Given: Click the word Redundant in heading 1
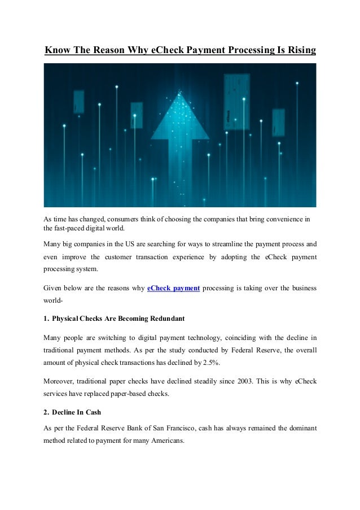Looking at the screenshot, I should click(x=164, y=319).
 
